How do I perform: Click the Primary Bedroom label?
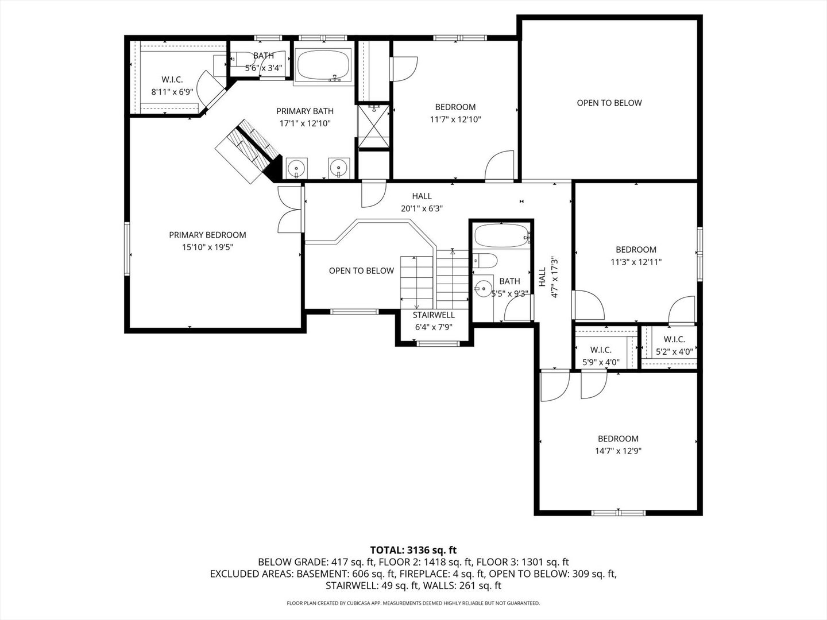(207, 235)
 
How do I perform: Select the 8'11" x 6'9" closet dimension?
(172, 92)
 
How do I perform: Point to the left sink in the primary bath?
(296, 168)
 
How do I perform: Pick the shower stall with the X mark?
(374, 126)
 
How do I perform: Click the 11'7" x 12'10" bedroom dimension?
(455, 119)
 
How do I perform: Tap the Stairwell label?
(434, 315)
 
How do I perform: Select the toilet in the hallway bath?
(485, 261)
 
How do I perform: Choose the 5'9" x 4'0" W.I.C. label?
(601, 350)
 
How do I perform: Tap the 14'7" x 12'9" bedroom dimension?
(618, 451)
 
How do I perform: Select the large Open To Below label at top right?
(609, 103)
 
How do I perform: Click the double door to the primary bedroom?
(289, 210)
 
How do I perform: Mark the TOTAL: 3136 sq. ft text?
(413, 550)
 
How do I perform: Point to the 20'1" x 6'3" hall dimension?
(422, 209)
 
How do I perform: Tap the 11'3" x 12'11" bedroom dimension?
(636, 262)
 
